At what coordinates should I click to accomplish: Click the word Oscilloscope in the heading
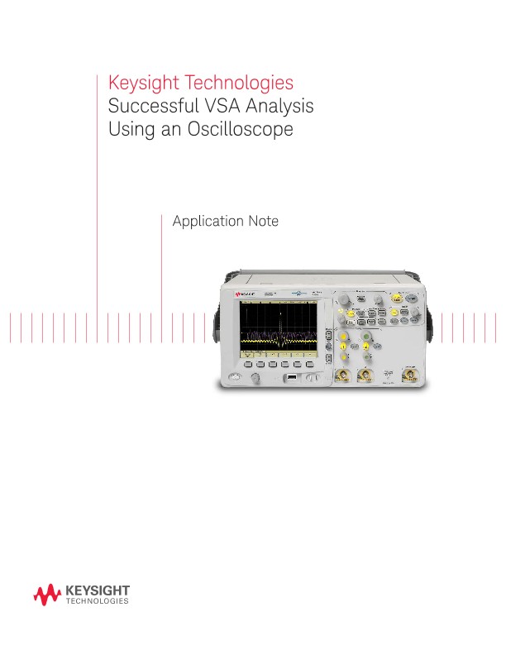(246, 130)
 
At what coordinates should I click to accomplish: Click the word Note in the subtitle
(262, 222)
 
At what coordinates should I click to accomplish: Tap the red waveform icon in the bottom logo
(47, 594)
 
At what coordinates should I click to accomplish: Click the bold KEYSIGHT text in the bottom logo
(98, 590)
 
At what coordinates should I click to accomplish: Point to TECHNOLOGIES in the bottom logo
(97, 602)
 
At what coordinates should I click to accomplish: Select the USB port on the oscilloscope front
(292, 378)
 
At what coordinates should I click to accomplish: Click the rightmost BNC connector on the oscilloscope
(408, 376)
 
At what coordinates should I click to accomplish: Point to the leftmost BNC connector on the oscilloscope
(341, 377)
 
